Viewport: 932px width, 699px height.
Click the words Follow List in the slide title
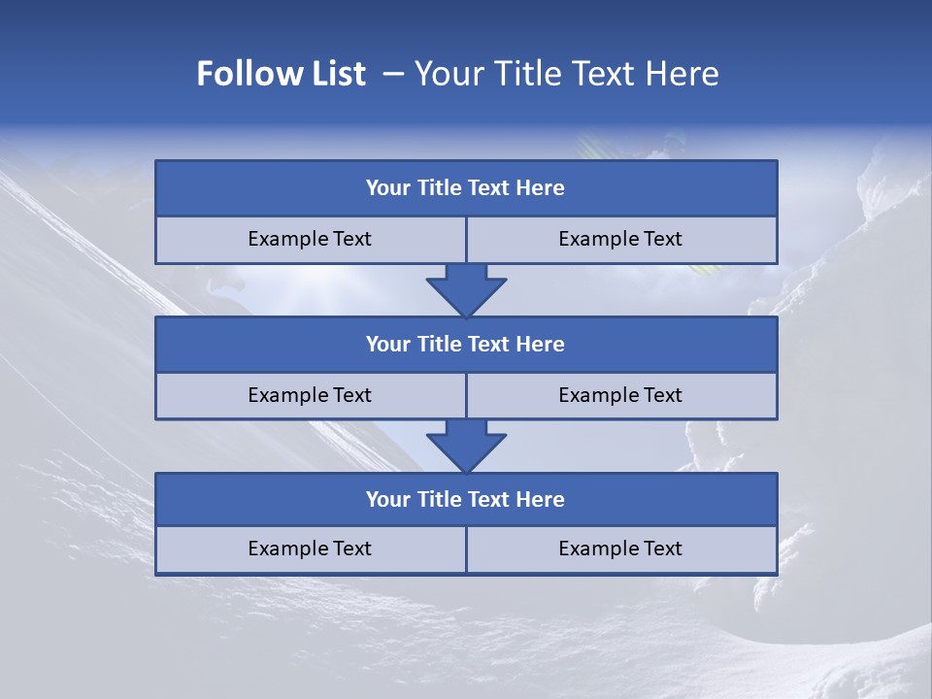tap(282, 74)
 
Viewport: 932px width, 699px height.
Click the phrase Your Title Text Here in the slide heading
tap(566, 74)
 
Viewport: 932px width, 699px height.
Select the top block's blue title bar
tap(466, 188)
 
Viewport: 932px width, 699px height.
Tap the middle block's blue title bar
tap(466, 344)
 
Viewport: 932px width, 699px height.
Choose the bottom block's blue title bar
tap(466, 499)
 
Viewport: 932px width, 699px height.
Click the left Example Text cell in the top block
tap(310, 239)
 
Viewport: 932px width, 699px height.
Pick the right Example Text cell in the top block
tap(620, 239)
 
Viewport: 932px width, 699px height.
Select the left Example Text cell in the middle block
tap(310, 395)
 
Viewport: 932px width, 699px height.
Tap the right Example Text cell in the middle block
tap(620, 395)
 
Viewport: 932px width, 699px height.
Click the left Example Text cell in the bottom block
tap(310, 549)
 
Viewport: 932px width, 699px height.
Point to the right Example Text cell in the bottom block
tap(620, 549)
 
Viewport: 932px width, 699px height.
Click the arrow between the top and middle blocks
tap(466, 290)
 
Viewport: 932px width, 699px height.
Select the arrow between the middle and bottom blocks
tap(466, 446)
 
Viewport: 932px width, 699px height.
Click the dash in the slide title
tap(393, 74)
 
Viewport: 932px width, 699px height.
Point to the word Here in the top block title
tap(541, 188)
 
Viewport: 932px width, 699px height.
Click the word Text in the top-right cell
tap(662, 239)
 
